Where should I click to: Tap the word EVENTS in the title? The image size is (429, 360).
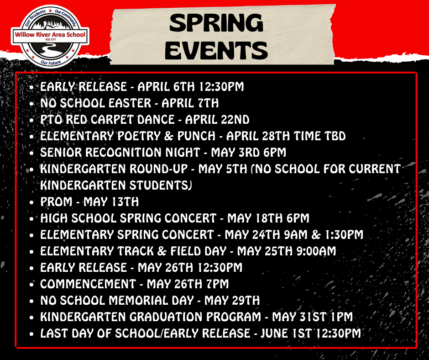216,50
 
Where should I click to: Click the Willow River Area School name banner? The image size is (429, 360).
50,35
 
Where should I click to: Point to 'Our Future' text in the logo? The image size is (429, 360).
51,63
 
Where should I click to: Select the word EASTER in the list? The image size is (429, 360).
130,103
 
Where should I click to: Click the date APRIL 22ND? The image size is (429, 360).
217,120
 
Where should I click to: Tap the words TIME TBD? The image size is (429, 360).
319,136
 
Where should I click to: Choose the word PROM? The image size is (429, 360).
56,202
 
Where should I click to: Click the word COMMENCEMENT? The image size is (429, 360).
88,284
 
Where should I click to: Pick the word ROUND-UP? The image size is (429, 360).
159,169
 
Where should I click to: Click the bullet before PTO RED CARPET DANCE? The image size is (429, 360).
32,120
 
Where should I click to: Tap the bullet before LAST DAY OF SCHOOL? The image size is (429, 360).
32,334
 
